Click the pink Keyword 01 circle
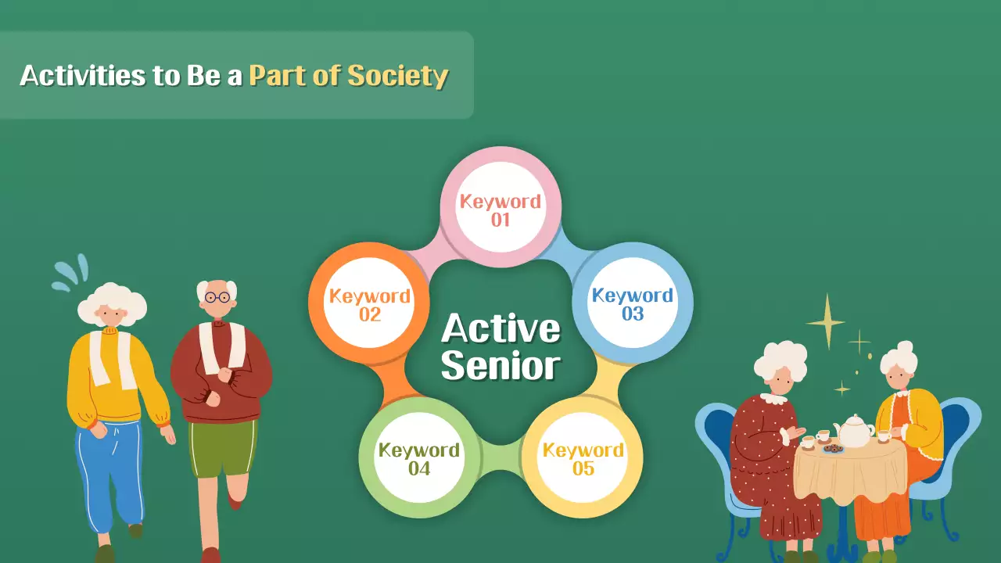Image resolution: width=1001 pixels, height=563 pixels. pos(500,210)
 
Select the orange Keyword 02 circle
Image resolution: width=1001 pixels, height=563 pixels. pos(370,305)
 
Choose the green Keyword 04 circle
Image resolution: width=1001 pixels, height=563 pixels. pos(419,459)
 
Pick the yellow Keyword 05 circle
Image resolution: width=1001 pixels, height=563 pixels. pos(583,459)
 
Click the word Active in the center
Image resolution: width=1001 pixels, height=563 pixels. pos(500,328)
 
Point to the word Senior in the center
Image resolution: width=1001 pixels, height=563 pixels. pos(500,366)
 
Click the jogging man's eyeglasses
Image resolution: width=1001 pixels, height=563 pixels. pos(217,297)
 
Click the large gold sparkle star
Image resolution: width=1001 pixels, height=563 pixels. pos(825,321)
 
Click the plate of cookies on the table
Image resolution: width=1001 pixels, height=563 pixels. pos(833,449)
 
